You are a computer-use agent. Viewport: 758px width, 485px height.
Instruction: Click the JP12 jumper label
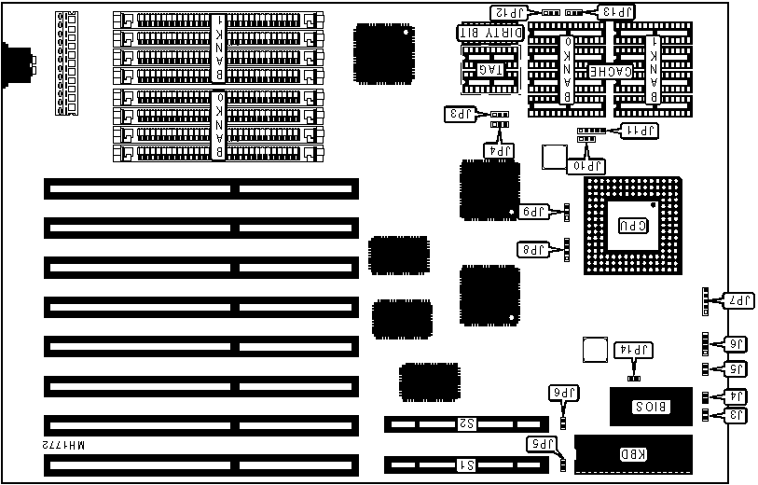[510, 12]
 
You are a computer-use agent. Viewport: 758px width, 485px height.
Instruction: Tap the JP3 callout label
[462, 114]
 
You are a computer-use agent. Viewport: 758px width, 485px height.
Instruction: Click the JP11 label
[640, 132]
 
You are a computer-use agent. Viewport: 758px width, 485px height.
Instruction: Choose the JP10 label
[589, 166]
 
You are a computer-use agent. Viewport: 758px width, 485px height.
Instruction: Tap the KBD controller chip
[634, 456]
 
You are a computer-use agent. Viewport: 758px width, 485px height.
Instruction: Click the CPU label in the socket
[627, 226]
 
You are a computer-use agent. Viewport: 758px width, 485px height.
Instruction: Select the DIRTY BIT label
[486, 33]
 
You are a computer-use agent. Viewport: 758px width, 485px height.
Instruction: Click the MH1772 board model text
[63, 449]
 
